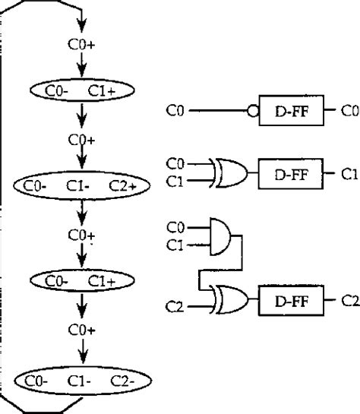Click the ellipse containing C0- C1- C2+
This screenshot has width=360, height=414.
pos(82,185)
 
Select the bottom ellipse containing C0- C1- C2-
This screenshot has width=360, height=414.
pos(82,378)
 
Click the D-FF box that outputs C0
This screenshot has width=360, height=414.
pos(290,111)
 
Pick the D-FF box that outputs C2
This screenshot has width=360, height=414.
pos(290,301)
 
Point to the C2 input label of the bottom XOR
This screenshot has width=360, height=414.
pos(175,307)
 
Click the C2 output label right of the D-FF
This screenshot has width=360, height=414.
pos(349,301)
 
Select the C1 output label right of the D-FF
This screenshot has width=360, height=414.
pos(349,174)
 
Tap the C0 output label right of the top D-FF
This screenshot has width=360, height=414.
pos(349,111)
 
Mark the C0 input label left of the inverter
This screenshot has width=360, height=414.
pos(175,111)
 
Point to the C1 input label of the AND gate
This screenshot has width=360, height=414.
pos(175,245)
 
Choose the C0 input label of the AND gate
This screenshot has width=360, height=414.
pos(175,226)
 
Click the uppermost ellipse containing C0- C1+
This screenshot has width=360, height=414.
pos(82,91)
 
